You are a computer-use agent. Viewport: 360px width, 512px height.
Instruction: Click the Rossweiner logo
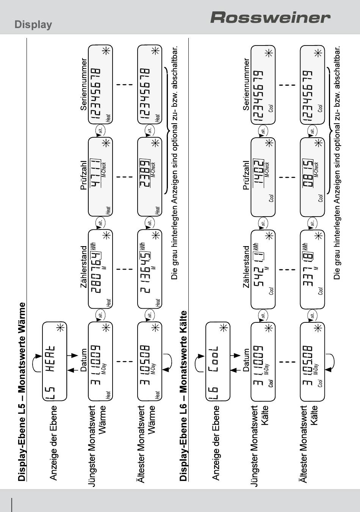[x=270, y=17]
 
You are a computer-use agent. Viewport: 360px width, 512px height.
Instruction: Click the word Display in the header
[x=33, y=25]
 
